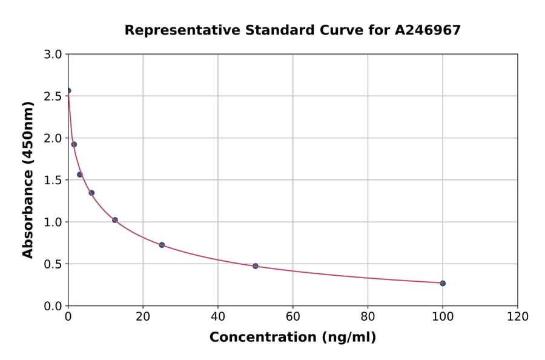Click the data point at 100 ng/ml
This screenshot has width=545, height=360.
coord(443,283)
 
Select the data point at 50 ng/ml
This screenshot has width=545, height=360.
coord(256,266)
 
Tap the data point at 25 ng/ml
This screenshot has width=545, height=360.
coord(162,245)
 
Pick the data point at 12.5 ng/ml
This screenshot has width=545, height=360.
coord(115,220)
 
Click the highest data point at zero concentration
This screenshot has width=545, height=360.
coord(68,91)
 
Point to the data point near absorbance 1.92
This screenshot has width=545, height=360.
coord(74,144)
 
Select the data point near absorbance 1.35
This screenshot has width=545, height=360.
coord(91,193)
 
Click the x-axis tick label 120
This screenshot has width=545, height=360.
coord(517,317)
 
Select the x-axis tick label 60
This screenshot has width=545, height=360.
coord(292,317)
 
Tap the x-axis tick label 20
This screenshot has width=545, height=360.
coord(143,317)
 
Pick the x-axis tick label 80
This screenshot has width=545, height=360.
coord(368,317)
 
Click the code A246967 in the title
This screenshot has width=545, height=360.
coord(428,30)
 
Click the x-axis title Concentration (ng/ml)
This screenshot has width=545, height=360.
coord(292,338)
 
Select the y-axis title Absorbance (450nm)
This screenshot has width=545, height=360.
coord(28,179)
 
